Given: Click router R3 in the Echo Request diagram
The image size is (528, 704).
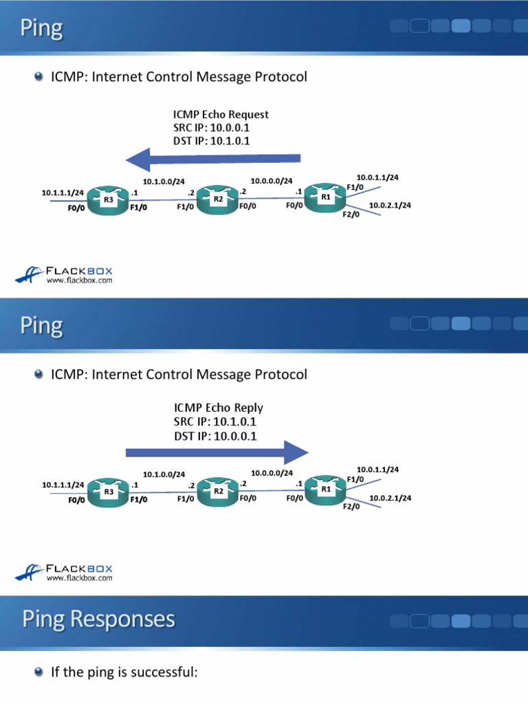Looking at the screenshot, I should tap(109, 199).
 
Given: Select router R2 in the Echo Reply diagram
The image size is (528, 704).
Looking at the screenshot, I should tap(218, 491).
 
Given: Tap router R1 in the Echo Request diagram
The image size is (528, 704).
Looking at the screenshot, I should tap(325, 197).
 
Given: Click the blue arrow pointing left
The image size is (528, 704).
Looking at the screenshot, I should tap(213, 159).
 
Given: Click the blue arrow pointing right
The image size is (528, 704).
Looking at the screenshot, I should tap(216, 452).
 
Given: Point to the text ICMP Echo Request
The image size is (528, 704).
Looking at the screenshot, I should tap(221, 115).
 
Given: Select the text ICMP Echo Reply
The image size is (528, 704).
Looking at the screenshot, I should tap(218, 408).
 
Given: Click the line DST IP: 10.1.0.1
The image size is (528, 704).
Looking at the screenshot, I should tap(211, 141).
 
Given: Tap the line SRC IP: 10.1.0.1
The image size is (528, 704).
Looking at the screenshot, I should tap(215, 421).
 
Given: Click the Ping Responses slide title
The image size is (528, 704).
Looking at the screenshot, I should tap(98, 619).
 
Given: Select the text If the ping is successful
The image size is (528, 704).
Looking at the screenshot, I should tap(124, 672).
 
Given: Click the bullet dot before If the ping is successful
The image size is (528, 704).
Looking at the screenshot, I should tap(39, 672).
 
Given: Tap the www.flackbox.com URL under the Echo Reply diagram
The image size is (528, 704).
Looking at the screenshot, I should tap(79, 578).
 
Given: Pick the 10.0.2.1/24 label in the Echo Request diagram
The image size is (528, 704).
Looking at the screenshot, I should tap(390, 205).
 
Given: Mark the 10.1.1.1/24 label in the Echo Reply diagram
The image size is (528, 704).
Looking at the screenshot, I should tap(63, 485).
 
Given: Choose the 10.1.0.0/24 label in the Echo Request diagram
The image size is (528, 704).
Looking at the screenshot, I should tap(164, 182).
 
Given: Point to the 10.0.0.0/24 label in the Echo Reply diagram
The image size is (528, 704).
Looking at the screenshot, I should tap(272, 473).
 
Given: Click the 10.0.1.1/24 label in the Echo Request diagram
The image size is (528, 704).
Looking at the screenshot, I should tap(377, 177).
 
